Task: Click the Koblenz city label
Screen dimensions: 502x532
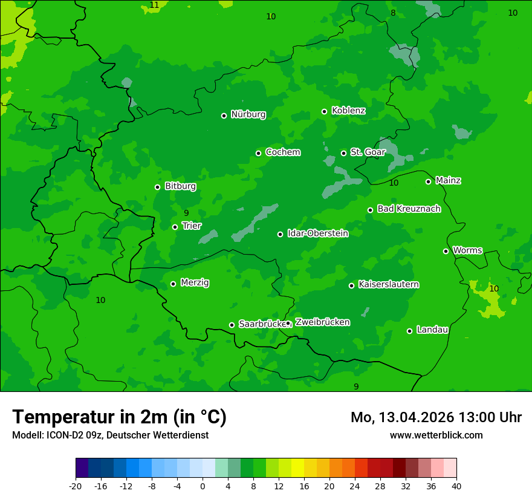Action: point(348,111)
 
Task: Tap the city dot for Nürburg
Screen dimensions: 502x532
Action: point(224,116)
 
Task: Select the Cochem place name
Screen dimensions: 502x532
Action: point(282,152)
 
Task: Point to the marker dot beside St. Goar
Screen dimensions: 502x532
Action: point(343,153)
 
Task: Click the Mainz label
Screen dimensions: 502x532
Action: point(448,181)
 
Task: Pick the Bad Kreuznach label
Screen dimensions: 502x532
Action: point(409,209)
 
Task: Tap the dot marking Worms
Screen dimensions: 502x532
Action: point(446,251)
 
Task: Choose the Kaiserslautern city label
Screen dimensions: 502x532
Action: point(389,284)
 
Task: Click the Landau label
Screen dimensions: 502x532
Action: point(432,330)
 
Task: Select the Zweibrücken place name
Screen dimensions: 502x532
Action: point(322,322)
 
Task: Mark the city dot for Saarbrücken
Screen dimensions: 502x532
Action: point(232,325)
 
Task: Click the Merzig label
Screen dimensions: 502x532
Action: point(195,282)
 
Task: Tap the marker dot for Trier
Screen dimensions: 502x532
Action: point(175,227)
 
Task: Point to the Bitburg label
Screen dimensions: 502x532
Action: point(180,186)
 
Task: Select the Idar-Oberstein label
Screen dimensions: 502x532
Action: point(317,233)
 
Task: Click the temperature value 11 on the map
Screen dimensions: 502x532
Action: point(155,5)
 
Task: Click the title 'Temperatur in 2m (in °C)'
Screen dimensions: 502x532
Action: point(119,417)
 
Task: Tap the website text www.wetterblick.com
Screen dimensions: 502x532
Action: point(436,435)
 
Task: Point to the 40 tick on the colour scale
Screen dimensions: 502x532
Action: point(456,486)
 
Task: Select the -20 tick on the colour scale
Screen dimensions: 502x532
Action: point(76,486)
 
